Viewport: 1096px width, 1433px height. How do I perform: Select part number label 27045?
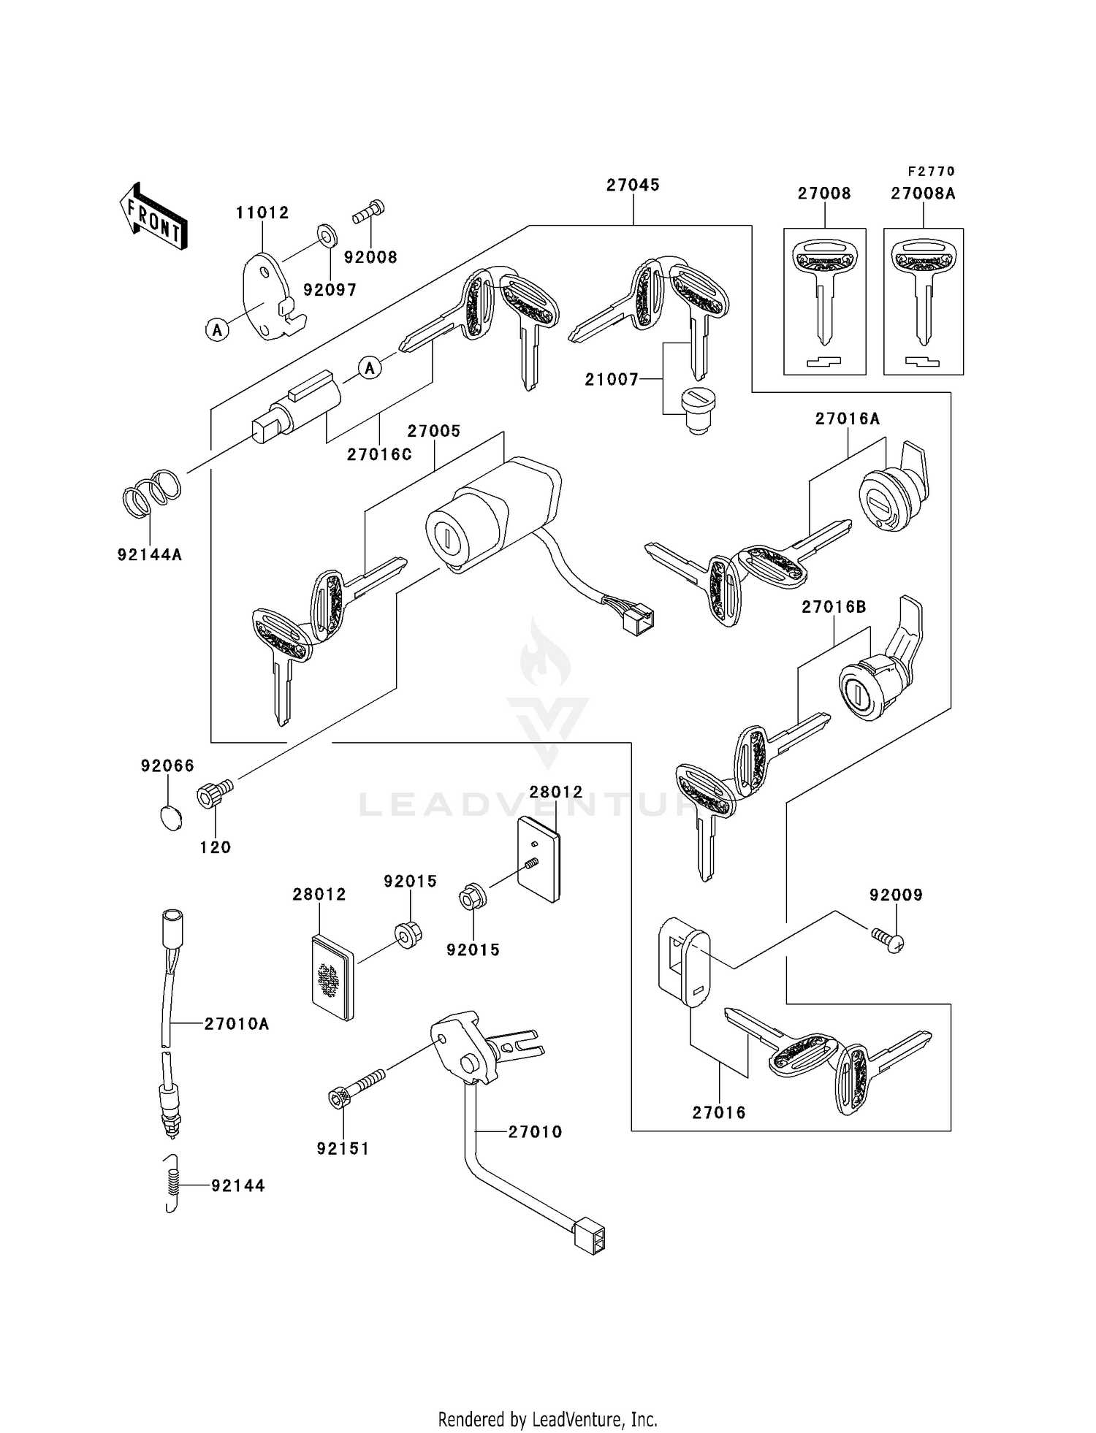(633, 186)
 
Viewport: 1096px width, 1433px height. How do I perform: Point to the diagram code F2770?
(931, 172)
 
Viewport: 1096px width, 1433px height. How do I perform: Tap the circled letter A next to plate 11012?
(217, 330)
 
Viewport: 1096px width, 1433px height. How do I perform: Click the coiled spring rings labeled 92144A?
(151, 492)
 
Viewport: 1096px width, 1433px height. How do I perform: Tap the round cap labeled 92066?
(170, 817)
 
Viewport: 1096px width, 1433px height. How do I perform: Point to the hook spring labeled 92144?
(172, 1185)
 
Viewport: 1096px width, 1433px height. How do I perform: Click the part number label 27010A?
(237, 1024)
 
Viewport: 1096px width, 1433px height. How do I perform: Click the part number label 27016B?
(834, 607)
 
